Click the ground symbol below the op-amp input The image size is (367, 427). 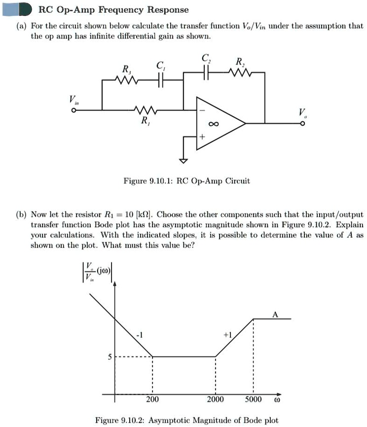point(184,159)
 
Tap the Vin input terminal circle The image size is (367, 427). point(73,110)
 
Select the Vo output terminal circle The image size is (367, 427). point(302,124)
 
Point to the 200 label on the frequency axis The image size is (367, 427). point(152,399)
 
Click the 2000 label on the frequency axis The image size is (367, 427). point(215,399)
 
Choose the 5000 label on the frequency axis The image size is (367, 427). point(254,399)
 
